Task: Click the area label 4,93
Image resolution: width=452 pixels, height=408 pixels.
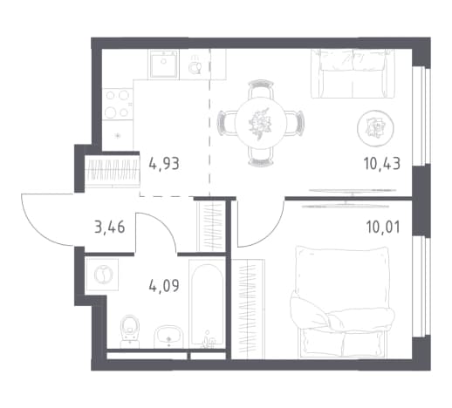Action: click(x=164, y=164)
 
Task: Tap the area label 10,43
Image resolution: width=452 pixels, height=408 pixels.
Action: click(x=382, y=164)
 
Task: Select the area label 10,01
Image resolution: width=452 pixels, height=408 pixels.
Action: click(x=383, y=227)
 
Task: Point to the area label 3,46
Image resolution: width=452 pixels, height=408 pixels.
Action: click(x=110, y=227)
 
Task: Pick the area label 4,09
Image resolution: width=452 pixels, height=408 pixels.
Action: click(x=164, y=286)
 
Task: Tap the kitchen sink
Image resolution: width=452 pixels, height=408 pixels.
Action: click(x=164, y=65)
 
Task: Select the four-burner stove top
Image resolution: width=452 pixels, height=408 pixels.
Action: click(x=118, y=104)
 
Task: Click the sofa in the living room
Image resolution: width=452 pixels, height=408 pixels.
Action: click(x=353, y=73)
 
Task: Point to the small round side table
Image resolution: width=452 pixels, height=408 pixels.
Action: click(x=375, y=128)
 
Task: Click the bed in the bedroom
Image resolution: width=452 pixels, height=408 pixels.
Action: click(x=343, y=302)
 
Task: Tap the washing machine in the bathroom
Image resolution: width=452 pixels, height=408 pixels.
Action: click(x=102, y=275)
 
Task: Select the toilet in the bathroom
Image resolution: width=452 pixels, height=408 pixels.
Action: click(x=130, y=331)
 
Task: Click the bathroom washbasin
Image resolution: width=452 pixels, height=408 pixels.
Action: click(x=168, y=337)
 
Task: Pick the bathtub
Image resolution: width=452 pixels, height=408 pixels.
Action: click(x=207, y=303)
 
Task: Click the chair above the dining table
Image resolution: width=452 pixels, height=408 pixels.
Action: click(x=261, y=89)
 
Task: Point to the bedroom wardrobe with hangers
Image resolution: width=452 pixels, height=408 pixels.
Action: click(x=248, y=309)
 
